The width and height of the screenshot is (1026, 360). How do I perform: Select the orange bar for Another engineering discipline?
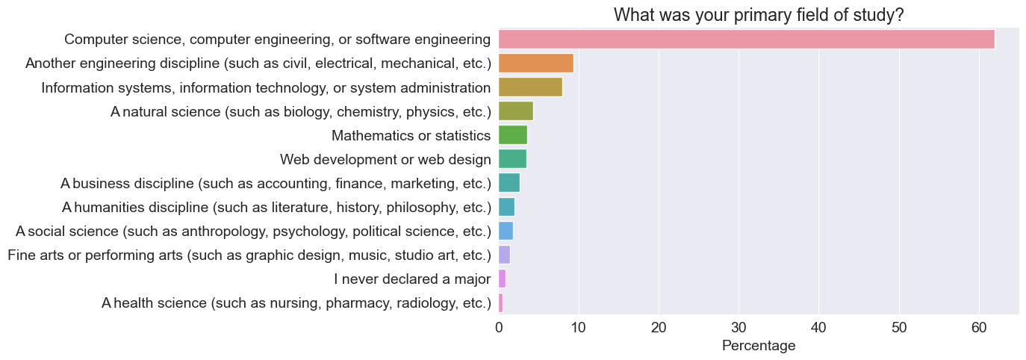click(535, 63)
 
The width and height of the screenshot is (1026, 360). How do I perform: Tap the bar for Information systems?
click(530, 87)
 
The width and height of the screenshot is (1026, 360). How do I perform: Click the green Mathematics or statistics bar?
click(512, 135)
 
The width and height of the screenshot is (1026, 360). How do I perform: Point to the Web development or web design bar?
click(512, 159)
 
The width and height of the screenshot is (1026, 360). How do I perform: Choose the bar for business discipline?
click(509, 183)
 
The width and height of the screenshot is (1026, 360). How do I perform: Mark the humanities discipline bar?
click(506, 207)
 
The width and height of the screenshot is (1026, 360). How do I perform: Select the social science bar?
click(506, 231)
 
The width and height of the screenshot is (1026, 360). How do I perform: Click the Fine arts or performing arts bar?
click(504, 255)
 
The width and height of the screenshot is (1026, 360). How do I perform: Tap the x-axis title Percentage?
click(758, 347)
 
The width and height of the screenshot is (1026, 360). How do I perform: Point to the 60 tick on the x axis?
click(979, 326)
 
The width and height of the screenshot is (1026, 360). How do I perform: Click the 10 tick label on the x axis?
click(578, 326)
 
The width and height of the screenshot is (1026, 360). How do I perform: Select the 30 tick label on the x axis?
click(739, 326)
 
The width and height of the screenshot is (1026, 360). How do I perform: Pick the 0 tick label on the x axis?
click(498, 326)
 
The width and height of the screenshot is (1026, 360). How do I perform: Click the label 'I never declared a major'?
click(412, 279)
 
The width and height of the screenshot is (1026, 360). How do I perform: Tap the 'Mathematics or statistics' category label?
click(411, 135)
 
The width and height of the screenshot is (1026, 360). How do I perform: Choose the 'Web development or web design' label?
click(385, 159)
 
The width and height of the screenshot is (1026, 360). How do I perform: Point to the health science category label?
click(296, 302)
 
